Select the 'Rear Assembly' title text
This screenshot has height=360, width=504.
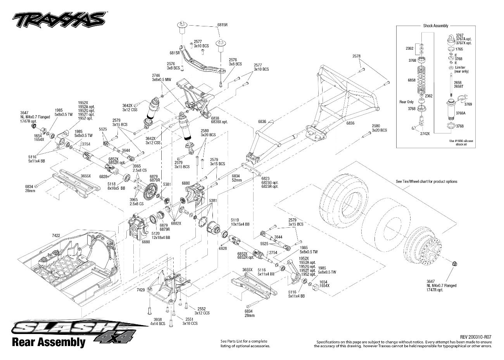(48, 342)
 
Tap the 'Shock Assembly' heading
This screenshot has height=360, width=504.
(435, 26)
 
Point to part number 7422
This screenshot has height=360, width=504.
(56, 235)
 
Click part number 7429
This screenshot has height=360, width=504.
(141, 290)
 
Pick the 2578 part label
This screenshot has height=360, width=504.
(357, 56)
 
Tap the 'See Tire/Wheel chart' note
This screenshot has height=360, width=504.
(426, 181)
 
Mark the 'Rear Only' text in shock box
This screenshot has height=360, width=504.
(406, 102)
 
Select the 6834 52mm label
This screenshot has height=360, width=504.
(236, 178)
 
